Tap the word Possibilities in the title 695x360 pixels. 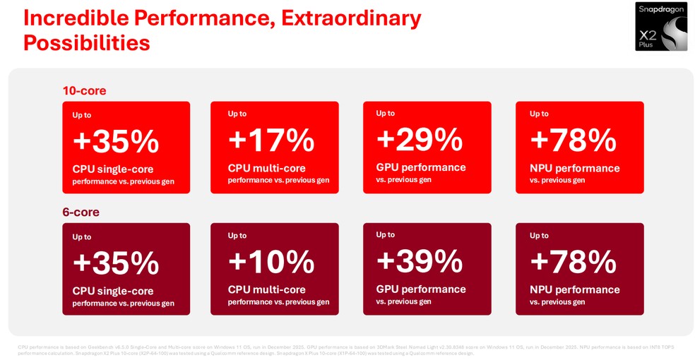pos(86,42)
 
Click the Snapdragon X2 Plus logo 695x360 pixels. pos(660,26)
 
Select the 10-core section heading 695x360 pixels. pos(84,90)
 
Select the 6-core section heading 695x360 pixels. pos(81,212)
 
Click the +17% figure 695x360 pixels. pos(271,140)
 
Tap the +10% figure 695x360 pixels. pos(271,262)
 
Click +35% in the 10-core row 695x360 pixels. pos(116,141)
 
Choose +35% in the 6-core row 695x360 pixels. pos(116,263)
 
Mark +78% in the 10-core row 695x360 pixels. pos(573,140)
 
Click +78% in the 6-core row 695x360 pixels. pos(573,262)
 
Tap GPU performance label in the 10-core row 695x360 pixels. pos(421,167)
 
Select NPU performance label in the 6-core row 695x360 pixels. pos(574,289)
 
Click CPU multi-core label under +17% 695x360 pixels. pos(266,168)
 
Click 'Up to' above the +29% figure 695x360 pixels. pos(386,113)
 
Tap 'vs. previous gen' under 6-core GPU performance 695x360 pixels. pos(403,301)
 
